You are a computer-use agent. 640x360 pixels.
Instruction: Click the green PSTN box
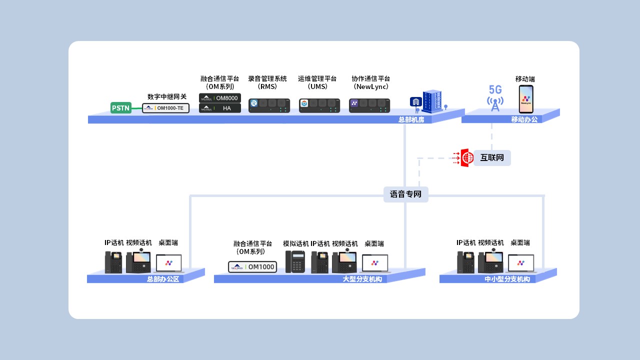pos(120,107)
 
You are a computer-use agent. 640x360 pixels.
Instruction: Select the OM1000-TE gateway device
pos(166,107)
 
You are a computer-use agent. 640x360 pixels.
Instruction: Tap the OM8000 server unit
pos(220,98)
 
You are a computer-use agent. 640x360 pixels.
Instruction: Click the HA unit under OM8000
pos(220,108)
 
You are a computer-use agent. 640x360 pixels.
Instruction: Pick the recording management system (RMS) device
pos(269,105)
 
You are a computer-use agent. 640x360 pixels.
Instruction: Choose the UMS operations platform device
pos(319,105)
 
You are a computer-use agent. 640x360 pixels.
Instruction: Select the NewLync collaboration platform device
pos(369,105)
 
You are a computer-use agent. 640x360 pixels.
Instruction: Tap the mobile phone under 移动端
pos(525,99)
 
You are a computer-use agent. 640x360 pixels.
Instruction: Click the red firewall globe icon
pos(466,158)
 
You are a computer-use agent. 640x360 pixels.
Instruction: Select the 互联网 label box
pos(492,158)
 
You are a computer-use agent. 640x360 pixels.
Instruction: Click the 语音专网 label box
pos(405,194)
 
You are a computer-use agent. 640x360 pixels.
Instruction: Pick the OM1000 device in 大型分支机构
pos(252,267)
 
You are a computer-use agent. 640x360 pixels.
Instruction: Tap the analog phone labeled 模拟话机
pos(295,261)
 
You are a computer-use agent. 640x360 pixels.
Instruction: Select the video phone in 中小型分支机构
pos(490,261)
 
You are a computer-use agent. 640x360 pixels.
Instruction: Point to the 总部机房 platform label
pos(411,119)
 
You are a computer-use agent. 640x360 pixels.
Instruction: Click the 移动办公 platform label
pos(524,119)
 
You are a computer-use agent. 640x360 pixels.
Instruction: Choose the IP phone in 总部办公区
pos(113,262)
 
